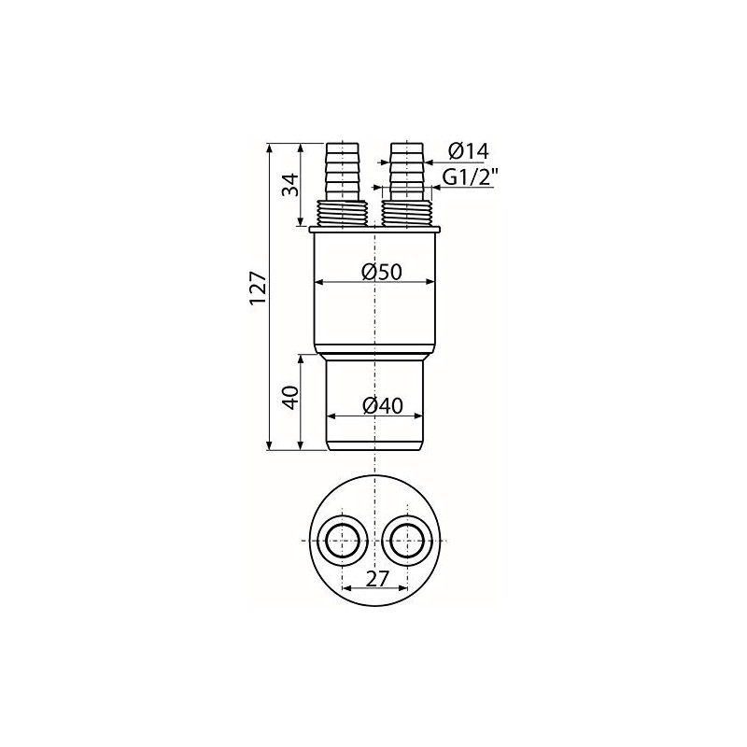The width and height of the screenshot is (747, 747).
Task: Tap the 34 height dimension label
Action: [289, 184]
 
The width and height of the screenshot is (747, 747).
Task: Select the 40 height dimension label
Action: [289, 400]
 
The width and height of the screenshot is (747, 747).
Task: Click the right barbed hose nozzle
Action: [406, 171]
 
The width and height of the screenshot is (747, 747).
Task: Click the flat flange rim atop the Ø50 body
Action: [373, 228]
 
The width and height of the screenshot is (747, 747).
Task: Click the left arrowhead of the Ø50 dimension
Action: [318, 280]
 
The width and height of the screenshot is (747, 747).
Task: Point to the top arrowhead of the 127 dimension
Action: [270, 148]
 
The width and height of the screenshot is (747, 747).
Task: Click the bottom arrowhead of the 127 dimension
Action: [270, 447]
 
